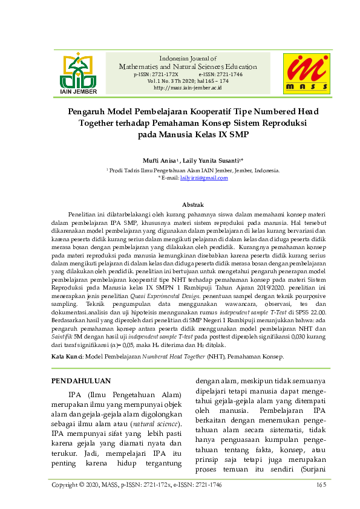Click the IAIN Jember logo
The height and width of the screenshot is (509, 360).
point(78,74)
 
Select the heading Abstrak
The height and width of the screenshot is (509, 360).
point(192,205)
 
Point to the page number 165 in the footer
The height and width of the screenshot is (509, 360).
point(321,485)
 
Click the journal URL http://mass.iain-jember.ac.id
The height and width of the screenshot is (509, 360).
point(188,88)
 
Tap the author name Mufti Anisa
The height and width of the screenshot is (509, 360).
point(159,161)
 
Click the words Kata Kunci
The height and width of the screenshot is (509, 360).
point(66,357)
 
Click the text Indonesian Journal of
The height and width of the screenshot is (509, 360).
point(188,58)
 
